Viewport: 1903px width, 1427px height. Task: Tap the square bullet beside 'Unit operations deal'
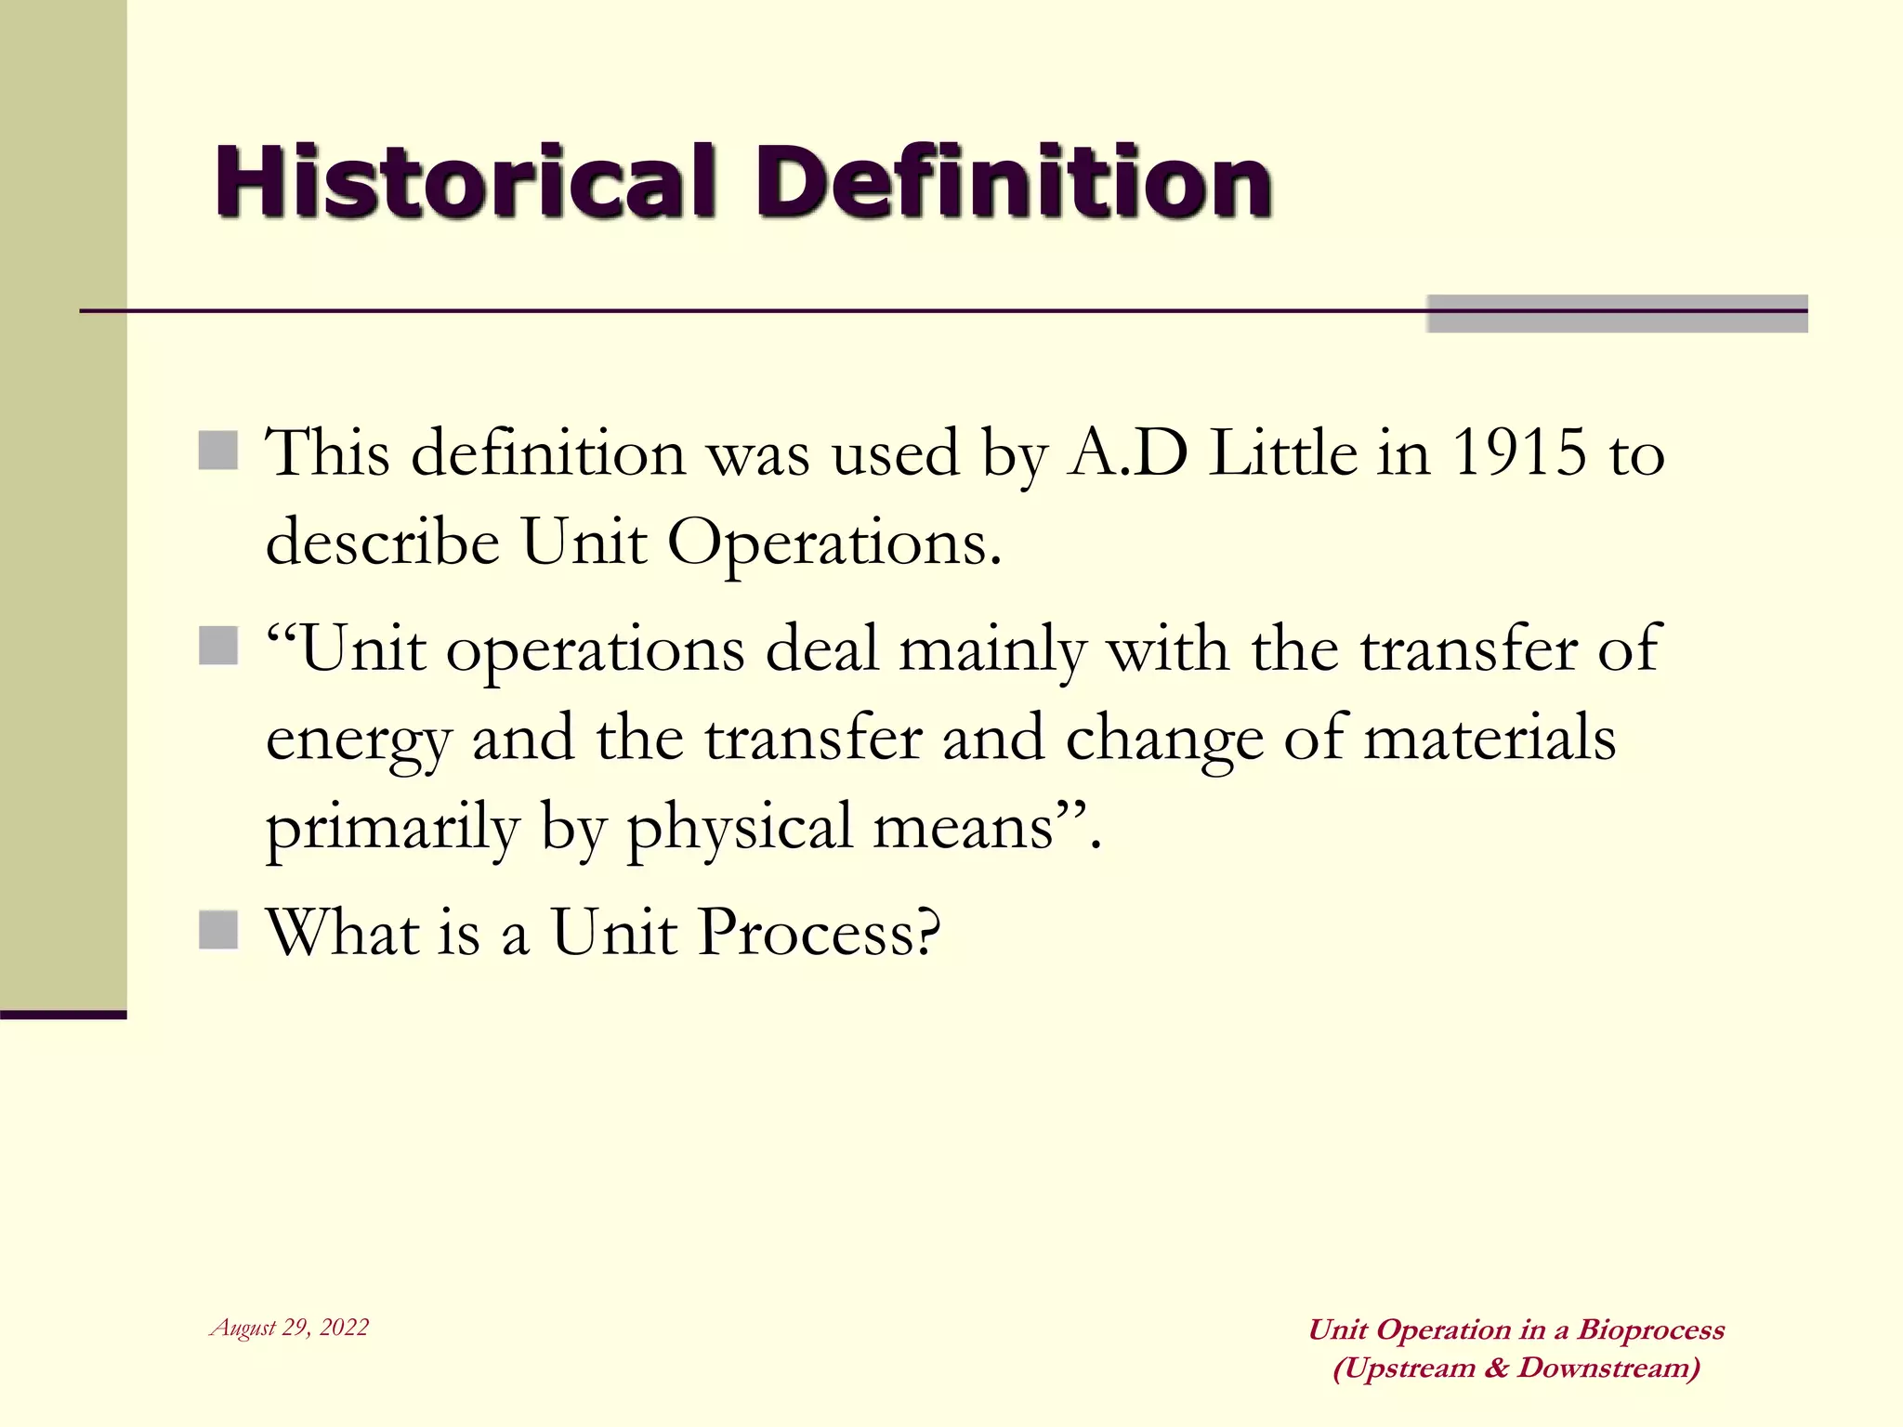pyautogui.click(x=218, y=646)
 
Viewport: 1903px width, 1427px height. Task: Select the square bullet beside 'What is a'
pyautogui.click(x=218, y=929)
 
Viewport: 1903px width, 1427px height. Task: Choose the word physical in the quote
pyautogui.click(x=740, y=827)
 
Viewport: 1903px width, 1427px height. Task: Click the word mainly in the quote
pyautogui.click(x=992, y=650)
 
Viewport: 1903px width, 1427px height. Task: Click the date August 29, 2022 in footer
pyautogui.click(x=290, y=1327)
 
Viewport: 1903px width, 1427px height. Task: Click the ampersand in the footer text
pyautogui.click(x=1496, y=1368)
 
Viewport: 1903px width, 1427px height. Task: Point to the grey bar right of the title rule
pyautogui.click(x=1617, y=313)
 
